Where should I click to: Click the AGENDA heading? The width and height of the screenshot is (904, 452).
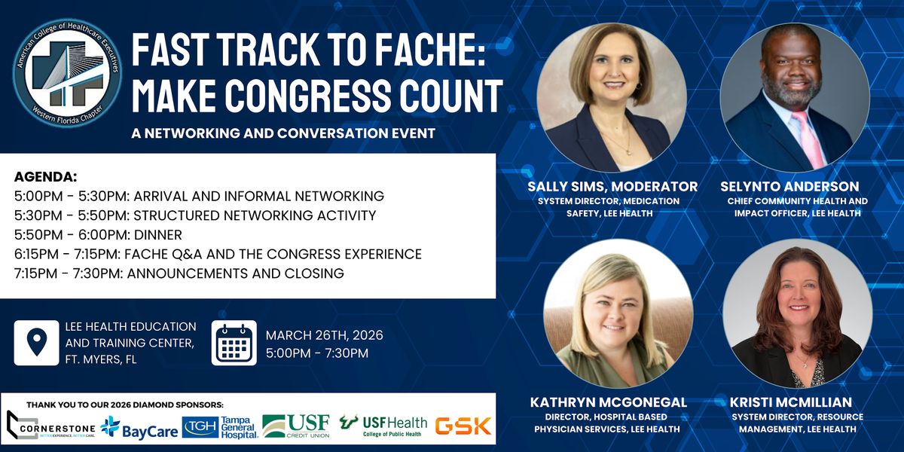pyautogui.click(x=46, y=177)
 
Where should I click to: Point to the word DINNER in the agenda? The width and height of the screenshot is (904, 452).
pyautogui.click(x=157, y=235)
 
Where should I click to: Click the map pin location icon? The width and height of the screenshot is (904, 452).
pyautogui.click(x=36, y=343)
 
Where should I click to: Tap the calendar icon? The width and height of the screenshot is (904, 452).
pyautogui.click(x=234, y=343)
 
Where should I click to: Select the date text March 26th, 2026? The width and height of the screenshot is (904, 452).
pyautogui.click(x=324, y=335)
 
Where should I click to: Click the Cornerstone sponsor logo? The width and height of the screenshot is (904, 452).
pyautogui.click(x=51, y=426)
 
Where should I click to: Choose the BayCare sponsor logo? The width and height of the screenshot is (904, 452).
pyautogui.click(x=139, y=427)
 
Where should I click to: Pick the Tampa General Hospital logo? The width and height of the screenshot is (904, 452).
pyautogui.click(x=220, y=427)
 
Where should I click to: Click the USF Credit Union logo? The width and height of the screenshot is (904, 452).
pyautogui.click(x=296, y=426)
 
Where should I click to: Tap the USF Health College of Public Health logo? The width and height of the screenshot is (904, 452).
pyautogui.click(x=383, y=426)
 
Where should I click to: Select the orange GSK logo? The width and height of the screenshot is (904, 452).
pyautogui.click(x=463, y=426)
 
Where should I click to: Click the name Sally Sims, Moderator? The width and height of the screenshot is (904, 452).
pyautogui.click(x=612, y=187)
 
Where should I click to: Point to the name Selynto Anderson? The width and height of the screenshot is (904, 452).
pyautogui.click(x=789, y=187)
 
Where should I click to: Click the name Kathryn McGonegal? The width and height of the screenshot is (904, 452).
pyautogui.click(x=608, y=402)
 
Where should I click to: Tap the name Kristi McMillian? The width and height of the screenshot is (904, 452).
pyautogui.click(x=790, y=402)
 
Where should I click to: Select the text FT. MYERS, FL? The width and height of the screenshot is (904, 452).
pyautogui.click(x=101, y=359)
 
